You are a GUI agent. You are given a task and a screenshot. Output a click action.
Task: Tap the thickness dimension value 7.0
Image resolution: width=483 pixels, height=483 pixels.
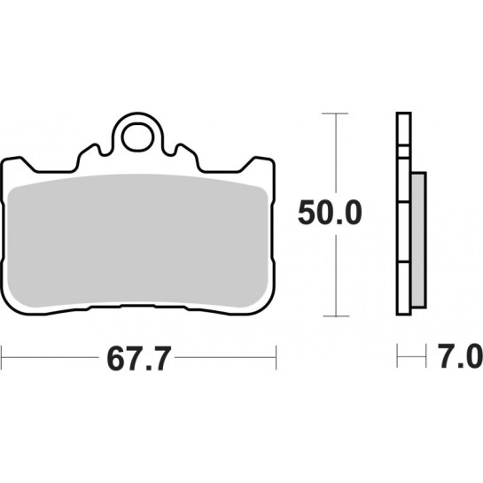[458, 359]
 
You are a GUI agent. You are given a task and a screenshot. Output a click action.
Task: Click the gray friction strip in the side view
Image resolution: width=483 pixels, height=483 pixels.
[418, 239]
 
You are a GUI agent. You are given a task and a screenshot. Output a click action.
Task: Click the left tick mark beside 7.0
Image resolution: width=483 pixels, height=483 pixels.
[398, 359]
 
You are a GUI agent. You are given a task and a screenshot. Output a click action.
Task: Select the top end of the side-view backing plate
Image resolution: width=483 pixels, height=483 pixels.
[402, 116]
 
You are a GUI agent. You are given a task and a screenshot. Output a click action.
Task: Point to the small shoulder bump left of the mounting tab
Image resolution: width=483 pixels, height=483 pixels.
[87, 152]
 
